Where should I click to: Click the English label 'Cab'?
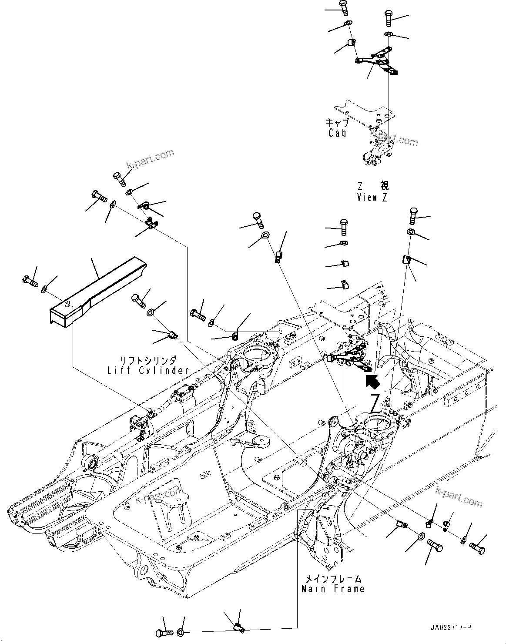click(338, 133)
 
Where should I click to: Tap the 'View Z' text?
click(372, 197)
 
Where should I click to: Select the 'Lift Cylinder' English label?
click(148, 370)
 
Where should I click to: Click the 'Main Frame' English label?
click(333, 589)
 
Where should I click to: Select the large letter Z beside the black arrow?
click(375, 403)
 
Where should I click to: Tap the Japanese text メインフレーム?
click(333, 579)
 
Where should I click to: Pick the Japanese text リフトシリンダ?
click(148, 360)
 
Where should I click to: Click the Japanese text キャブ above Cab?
click(338, 123)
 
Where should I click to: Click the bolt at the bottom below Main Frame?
click(164, 631)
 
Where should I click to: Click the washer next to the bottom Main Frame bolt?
click(181, 632)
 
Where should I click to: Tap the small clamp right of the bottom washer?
click(238, 626)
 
